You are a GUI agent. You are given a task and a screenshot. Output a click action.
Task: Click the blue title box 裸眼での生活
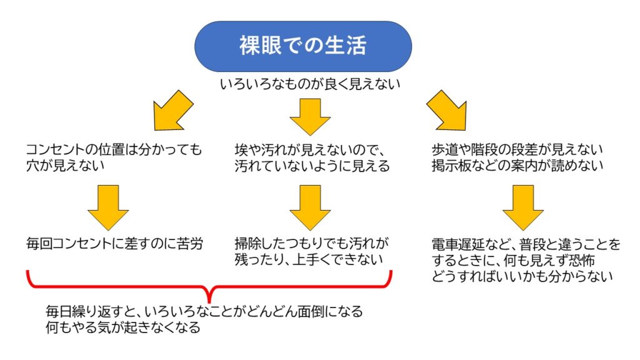302,46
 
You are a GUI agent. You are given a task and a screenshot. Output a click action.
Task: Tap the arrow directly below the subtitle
309,116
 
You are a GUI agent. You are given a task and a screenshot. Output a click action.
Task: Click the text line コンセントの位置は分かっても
114,150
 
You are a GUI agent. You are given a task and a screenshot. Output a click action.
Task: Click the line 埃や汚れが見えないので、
312,150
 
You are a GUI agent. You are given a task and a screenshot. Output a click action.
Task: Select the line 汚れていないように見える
312,166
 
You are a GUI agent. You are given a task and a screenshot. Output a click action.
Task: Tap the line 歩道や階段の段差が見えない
516,150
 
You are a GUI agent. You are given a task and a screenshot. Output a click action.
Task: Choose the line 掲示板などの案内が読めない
516,166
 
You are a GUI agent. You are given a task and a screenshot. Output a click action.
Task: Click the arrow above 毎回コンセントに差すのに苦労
108,207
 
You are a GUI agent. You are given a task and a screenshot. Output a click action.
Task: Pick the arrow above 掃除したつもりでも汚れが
309,207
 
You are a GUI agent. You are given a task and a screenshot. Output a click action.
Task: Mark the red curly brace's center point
209,291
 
